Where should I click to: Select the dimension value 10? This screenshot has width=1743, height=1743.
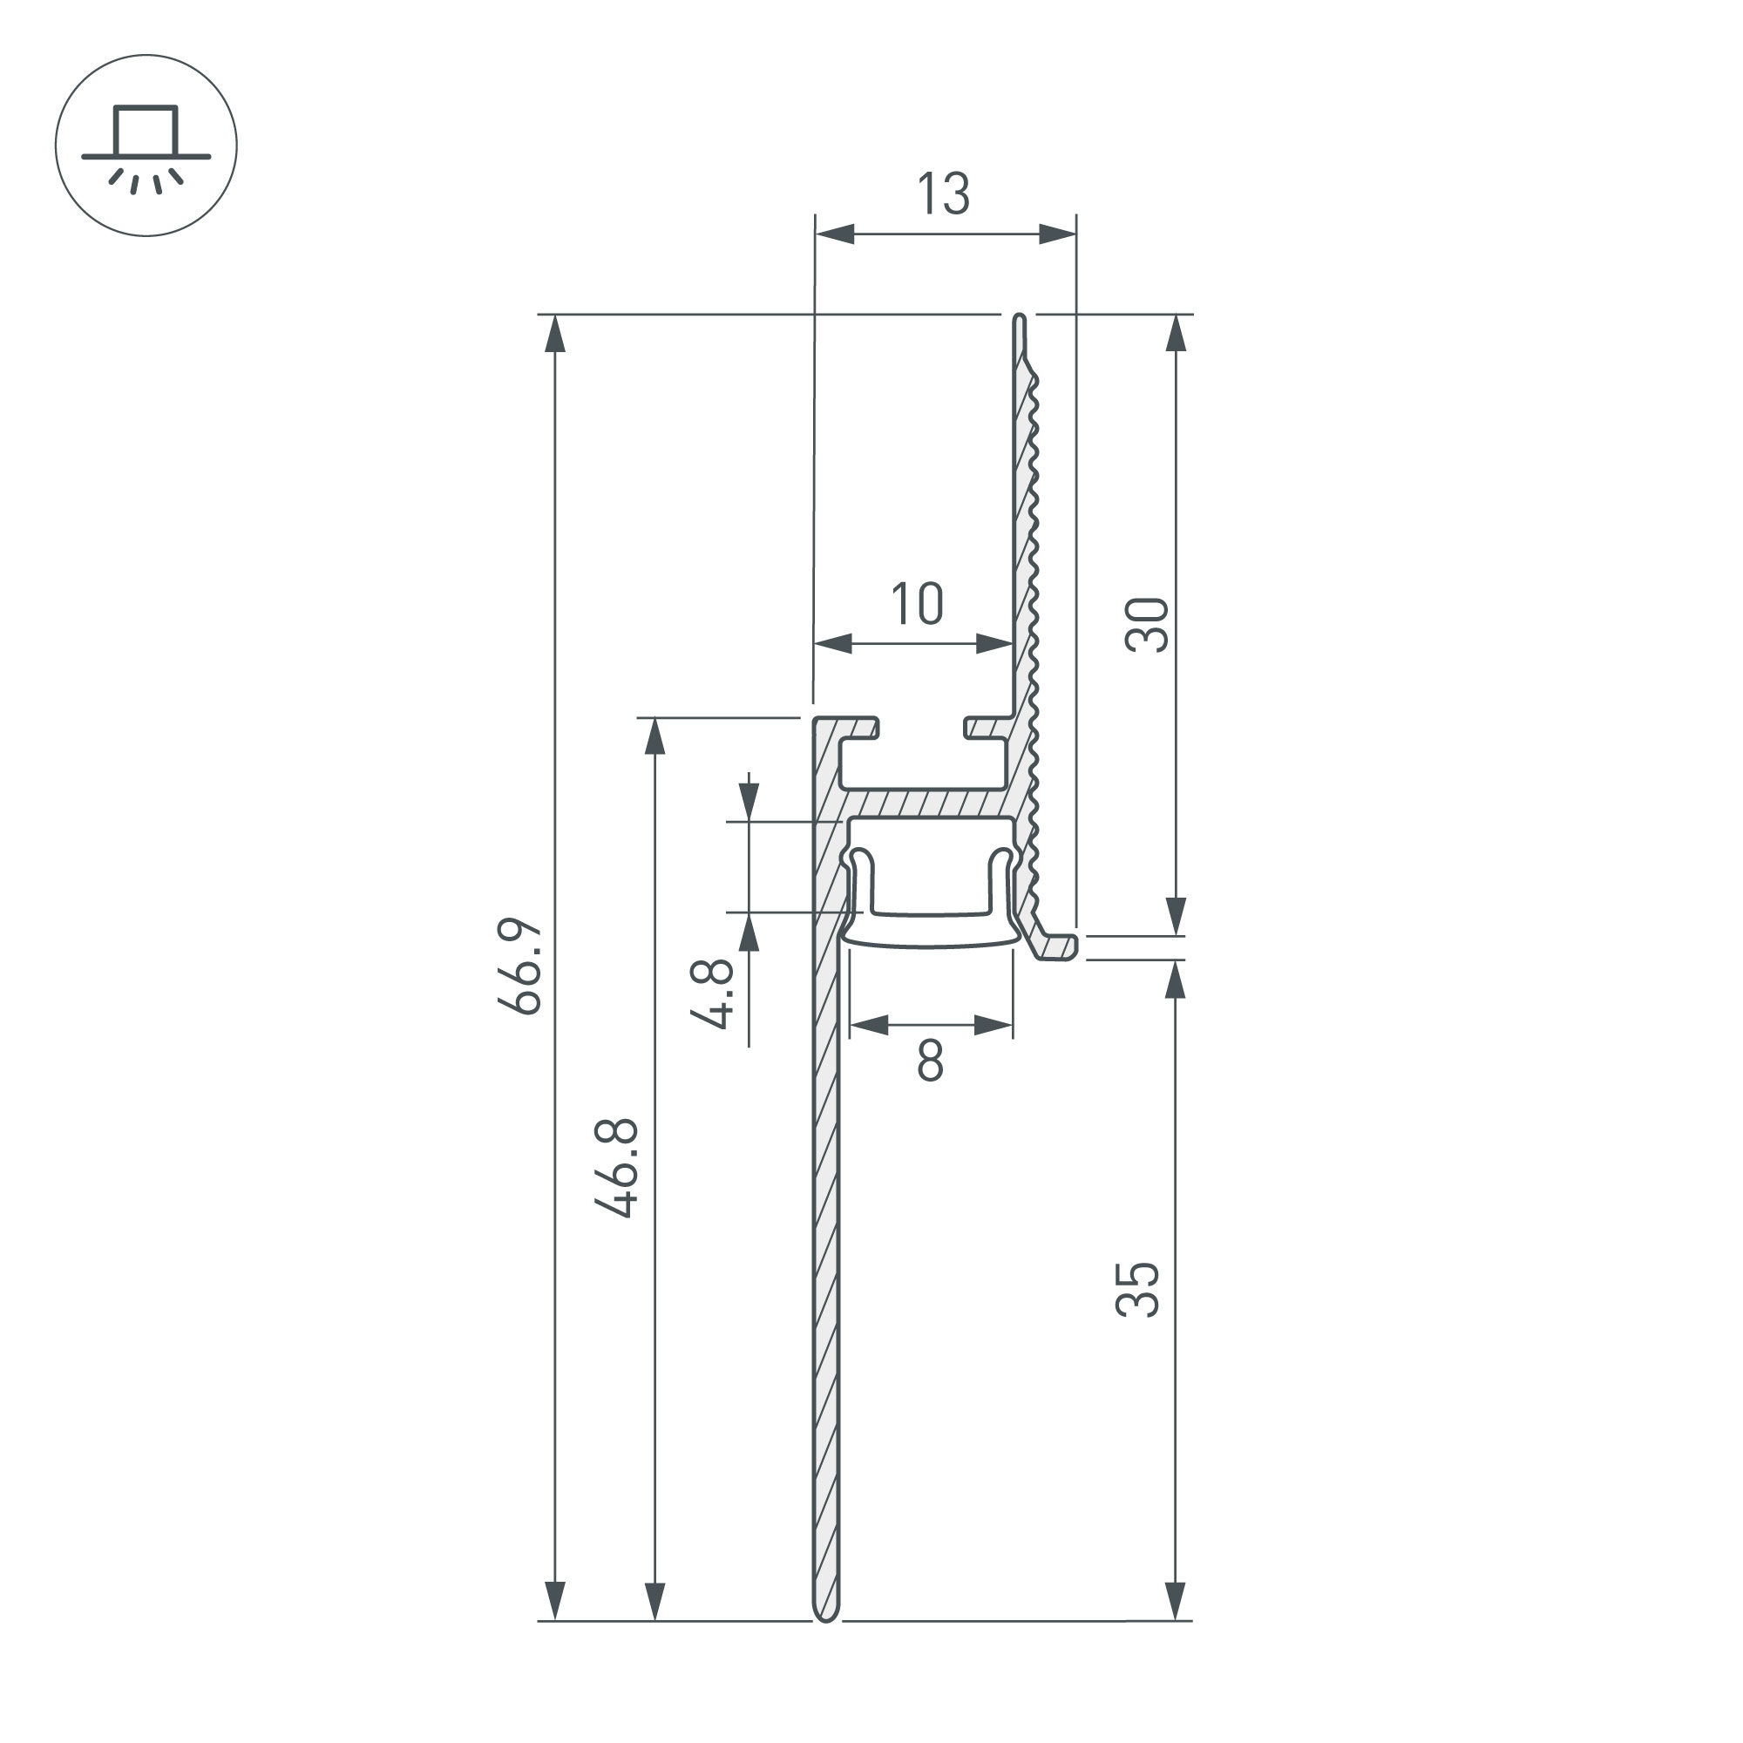point(918,604)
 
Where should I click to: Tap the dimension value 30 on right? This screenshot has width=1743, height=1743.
point(1148,624)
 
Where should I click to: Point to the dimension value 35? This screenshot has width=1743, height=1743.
point(1138,1291)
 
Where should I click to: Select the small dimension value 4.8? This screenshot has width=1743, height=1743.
point(712,994)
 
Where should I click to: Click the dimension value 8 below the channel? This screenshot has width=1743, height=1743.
point(930,1061)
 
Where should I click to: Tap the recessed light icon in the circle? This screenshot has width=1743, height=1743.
point(146,146)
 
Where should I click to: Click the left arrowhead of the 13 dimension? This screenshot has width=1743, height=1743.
point(834,234)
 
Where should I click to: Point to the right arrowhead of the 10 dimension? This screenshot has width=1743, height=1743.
point(994,644)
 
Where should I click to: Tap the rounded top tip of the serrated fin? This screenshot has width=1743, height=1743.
point(1020,319)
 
